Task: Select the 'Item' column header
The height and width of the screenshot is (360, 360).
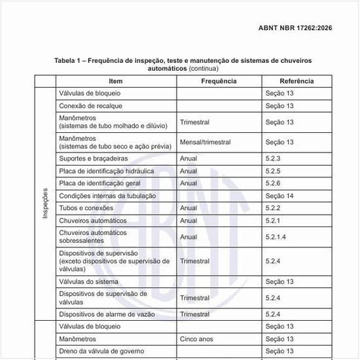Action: tap(115, 81)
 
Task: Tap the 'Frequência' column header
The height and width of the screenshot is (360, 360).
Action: tap(219, 81)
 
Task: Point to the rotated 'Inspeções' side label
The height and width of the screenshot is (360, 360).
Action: tap(45, 204)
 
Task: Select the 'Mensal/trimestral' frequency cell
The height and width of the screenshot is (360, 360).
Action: tap(207, 142)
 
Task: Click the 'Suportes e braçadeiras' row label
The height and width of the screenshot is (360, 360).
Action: tap(94, 158)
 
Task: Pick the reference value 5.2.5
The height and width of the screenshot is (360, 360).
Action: tap(273, 171)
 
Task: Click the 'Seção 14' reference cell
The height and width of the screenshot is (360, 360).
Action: tap(279, 196)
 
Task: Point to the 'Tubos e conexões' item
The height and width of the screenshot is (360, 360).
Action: tap(86, 208)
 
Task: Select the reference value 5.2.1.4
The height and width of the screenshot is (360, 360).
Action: tap(276, 237)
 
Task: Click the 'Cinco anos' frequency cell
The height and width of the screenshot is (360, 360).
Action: tap(196, 339)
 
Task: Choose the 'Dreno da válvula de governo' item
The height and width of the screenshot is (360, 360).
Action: tap(102, 351)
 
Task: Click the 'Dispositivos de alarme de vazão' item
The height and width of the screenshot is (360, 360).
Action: tap(108, 314)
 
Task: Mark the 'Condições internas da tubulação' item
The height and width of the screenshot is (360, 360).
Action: tap(107, 196)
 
